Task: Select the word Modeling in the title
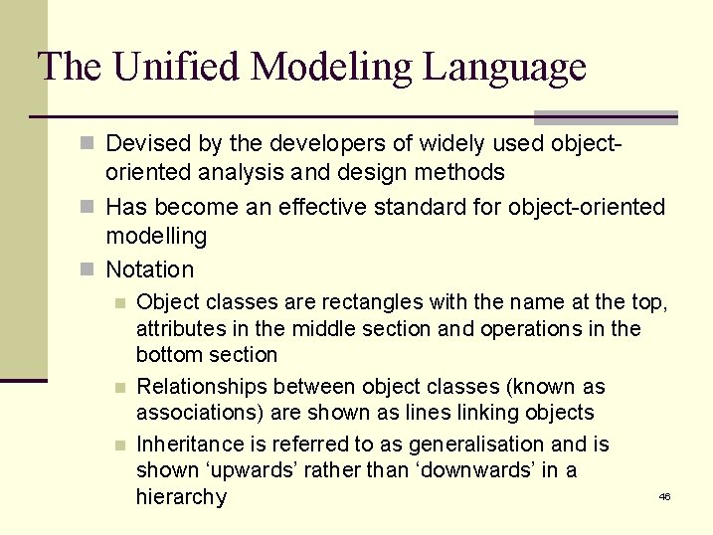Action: coord(335,69)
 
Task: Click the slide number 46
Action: coord(664,496)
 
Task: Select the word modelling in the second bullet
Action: coord(156,237)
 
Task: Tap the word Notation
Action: coord(150,269)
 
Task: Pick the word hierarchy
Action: coord(181,497)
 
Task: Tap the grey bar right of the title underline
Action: coord(606,117)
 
